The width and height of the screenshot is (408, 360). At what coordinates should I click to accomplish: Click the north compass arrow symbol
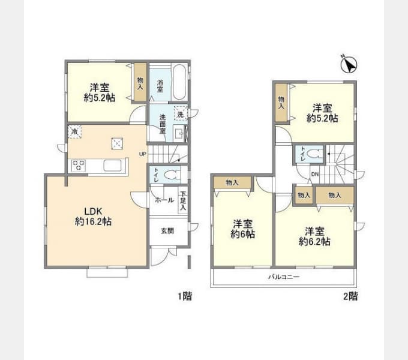click(349, 64)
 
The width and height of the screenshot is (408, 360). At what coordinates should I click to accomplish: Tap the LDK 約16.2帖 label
click(93, 216)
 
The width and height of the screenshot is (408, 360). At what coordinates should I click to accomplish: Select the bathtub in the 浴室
click(179, 82)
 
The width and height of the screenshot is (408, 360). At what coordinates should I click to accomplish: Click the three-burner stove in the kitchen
click(79, 166)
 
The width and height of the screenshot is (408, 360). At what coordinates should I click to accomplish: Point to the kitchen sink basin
click(113, 166)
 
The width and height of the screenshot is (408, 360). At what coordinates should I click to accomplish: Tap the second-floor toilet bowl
click(314, 155)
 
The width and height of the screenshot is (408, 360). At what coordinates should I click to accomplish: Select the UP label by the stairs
click(143, 154)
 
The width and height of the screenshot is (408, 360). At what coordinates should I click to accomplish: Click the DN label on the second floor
click(315, 174)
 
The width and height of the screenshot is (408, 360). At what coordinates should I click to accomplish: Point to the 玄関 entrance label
click(167, 231)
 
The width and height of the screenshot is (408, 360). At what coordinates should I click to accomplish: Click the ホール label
click(164, 200)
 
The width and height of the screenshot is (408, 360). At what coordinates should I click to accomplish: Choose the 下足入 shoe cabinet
click(183, 201)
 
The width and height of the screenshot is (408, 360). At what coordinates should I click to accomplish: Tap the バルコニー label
click(284, 277)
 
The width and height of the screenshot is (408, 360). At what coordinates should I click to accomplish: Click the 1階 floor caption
click(185, 296)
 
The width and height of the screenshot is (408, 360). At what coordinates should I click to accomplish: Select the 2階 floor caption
click(350, 296)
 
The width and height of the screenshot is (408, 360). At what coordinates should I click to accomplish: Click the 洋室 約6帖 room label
click(242, 229)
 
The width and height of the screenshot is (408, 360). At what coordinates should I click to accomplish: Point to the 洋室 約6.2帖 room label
click(314, 236)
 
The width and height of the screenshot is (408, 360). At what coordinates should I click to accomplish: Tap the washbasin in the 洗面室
click(179, 133)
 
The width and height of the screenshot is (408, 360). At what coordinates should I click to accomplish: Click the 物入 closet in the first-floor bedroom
click(140, 82)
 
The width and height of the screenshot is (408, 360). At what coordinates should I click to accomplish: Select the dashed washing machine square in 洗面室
click(181, 113)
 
